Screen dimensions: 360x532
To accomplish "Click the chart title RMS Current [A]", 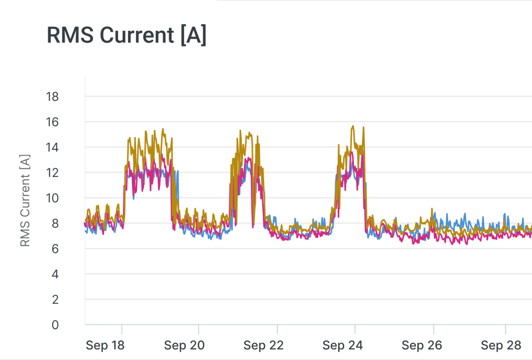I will (x=126, y=36).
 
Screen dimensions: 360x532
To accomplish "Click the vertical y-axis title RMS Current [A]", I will (x=25, y=200).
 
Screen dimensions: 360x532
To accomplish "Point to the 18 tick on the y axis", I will (x=52, y=97).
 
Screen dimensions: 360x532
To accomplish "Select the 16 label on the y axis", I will (x=52, y=122).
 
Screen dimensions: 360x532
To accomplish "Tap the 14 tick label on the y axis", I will (x=52, y=147).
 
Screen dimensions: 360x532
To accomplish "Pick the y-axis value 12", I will (x=52, y=173).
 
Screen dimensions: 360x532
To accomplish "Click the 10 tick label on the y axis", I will (x=52, y=198).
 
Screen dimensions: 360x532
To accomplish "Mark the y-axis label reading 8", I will (x=55, y=223).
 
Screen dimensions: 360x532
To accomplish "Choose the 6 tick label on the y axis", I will (x=55, y=249).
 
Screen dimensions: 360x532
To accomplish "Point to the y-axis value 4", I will (x=55, y=274).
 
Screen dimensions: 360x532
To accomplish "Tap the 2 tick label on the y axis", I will (x=55, y=300).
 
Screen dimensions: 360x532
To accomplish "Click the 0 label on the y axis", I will (x=55, y=325).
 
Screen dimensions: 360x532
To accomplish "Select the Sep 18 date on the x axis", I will (x=105, y=345).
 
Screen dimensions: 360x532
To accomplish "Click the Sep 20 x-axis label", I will (x=184, y=345).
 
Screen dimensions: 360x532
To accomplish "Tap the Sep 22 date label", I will (x=264, y=345).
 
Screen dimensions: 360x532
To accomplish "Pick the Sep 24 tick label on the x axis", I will (x=343, y=345).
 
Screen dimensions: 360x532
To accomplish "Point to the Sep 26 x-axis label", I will (x=422, y=345).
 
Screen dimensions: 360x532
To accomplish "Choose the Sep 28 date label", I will (x=501, y=345).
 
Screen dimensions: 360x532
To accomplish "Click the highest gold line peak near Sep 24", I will (x=353, y=126).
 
